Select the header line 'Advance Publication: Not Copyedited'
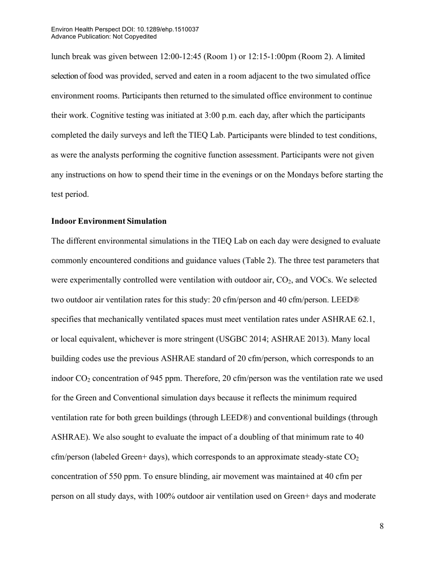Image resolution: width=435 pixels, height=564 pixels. [x=104, y=36]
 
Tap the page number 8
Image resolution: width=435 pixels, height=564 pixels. [x=381, y=526]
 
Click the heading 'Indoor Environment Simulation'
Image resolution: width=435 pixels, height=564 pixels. [x=109, y=221]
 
